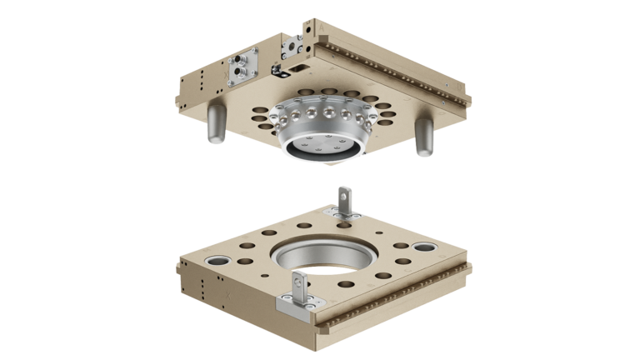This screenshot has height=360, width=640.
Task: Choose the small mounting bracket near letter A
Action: tap(294, 42)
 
